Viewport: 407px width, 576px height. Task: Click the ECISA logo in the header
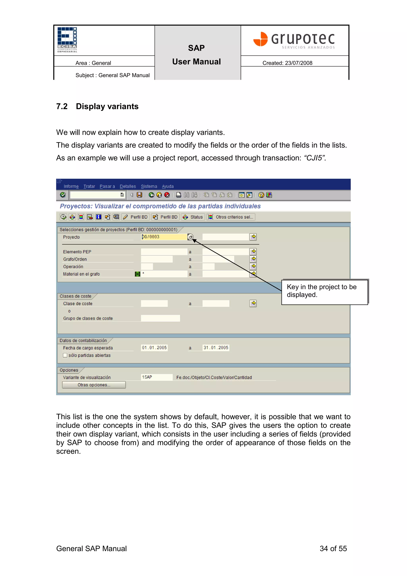(67, 40)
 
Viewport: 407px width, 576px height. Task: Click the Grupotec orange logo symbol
(261, 39)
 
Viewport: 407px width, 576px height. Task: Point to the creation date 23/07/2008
(298, 63)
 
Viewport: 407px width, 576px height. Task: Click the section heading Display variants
(107, 106)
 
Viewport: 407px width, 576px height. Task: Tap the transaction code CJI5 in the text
(314, 158)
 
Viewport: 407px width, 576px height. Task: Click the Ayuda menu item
(168, 186)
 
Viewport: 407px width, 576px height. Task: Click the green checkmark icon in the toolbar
(63, 195)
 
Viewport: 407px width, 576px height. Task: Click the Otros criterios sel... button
(231, 217)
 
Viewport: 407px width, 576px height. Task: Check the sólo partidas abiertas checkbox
(65, 355)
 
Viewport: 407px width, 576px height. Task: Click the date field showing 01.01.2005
(154, 348)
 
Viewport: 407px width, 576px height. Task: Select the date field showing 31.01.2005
(216, 348)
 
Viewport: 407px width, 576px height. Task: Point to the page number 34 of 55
(333, 548)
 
